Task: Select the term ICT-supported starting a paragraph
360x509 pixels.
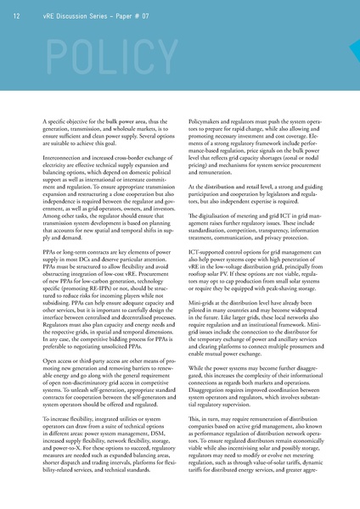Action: tap(211, 258)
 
